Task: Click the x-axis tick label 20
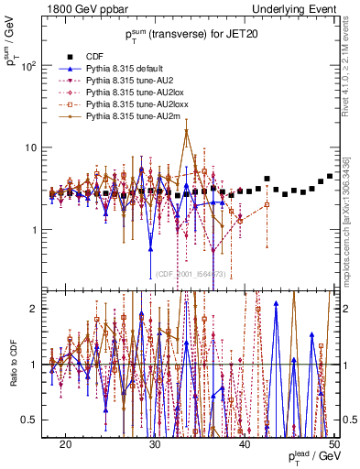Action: [x=65, y=443]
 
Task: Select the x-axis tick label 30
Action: [x=155, y=443]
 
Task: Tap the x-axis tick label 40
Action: [x=245, y=443]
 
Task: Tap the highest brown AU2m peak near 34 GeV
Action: [x=187, y=130]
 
